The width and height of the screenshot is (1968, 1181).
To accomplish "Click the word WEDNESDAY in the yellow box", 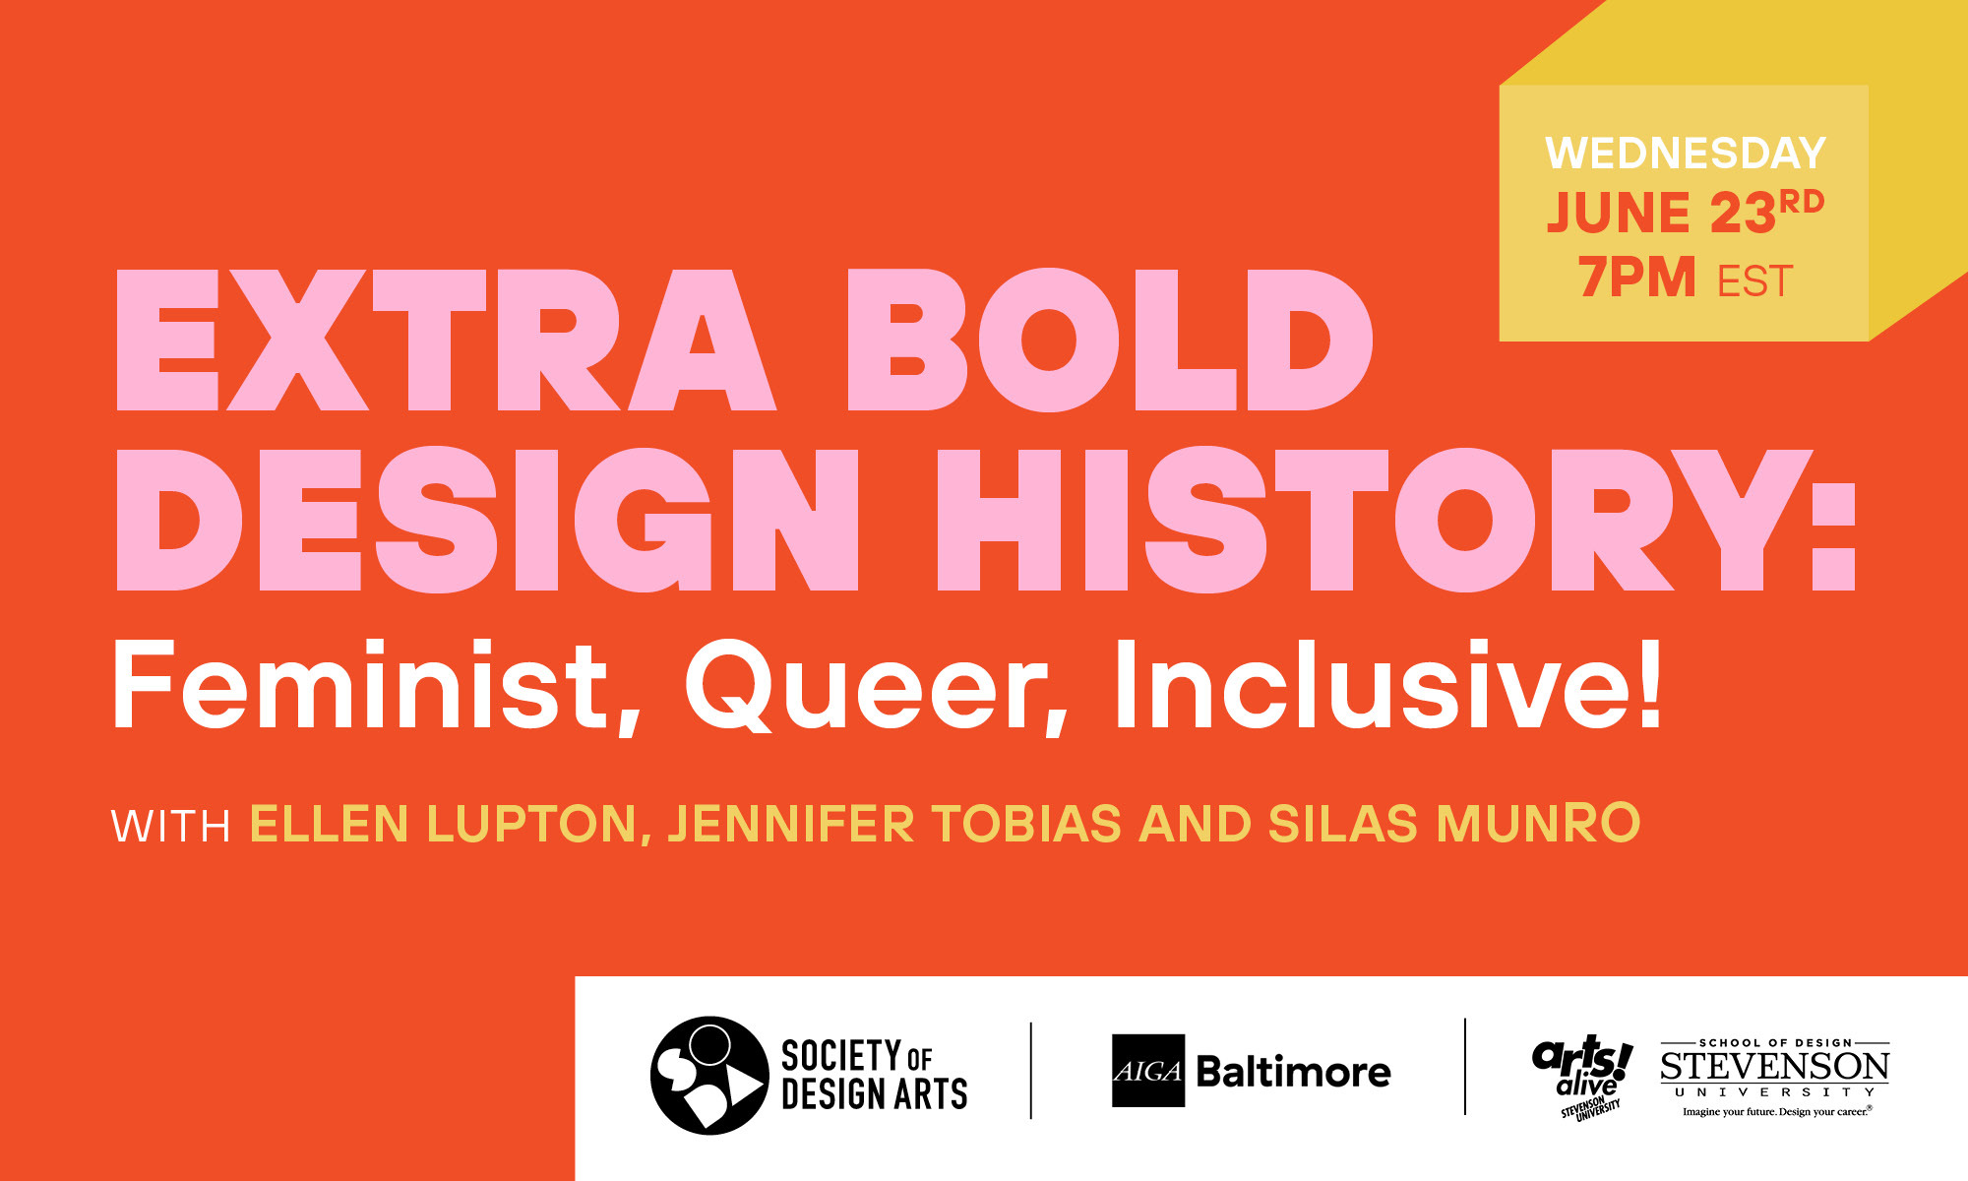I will click(x=1686, y=154).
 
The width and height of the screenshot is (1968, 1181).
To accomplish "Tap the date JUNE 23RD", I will click(x=1685, y=213).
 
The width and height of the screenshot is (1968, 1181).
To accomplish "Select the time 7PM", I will click(x=1636, y=278).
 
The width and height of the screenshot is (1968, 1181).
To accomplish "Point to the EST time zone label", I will click(x=1754, y=281).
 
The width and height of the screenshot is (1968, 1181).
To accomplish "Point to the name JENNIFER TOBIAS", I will click(x=894, y=824).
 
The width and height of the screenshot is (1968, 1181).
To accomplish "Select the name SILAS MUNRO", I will click(x=1453, y=824).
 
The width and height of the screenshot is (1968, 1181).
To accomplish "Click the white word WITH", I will click(x=171, y=827).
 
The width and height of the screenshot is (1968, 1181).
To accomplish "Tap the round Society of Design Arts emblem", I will click(x=708, y=1075).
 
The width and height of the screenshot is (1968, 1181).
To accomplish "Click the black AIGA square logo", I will click(x=1147, y=1071).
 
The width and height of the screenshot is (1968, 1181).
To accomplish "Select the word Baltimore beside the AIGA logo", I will click(x=1293, y=1072).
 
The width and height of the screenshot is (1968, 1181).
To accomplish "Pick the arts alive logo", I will click(x=1582, y=1076).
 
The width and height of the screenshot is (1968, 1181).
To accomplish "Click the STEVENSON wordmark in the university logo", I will click(x=1774, y=1067).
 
